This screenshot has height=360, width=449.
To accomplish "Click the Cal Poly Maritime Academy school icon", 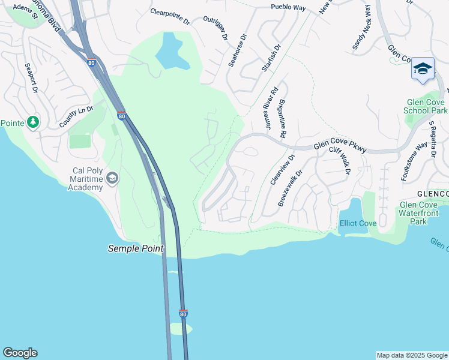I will click(x=112, y=178).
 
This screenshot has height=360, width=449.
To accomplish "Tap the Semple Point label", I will click(x=136, y=248).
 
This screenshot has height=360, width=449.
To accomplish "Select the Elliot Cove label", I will click(x=358, y=223).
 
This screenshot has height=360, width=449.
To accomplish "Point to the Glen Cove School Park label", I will click(x=426, y=106).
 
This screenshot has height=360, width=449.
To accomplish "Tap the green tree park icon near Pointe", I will click(x=33, y=122).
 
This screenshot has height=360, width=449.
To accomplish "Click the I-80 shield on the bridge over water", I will click(x=183, y=314).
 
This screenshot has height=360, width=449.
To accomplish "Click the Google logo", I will click(x=20, y=353).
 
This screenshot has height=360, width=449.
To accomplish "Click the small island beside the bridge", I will click(x=181, y=328).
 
